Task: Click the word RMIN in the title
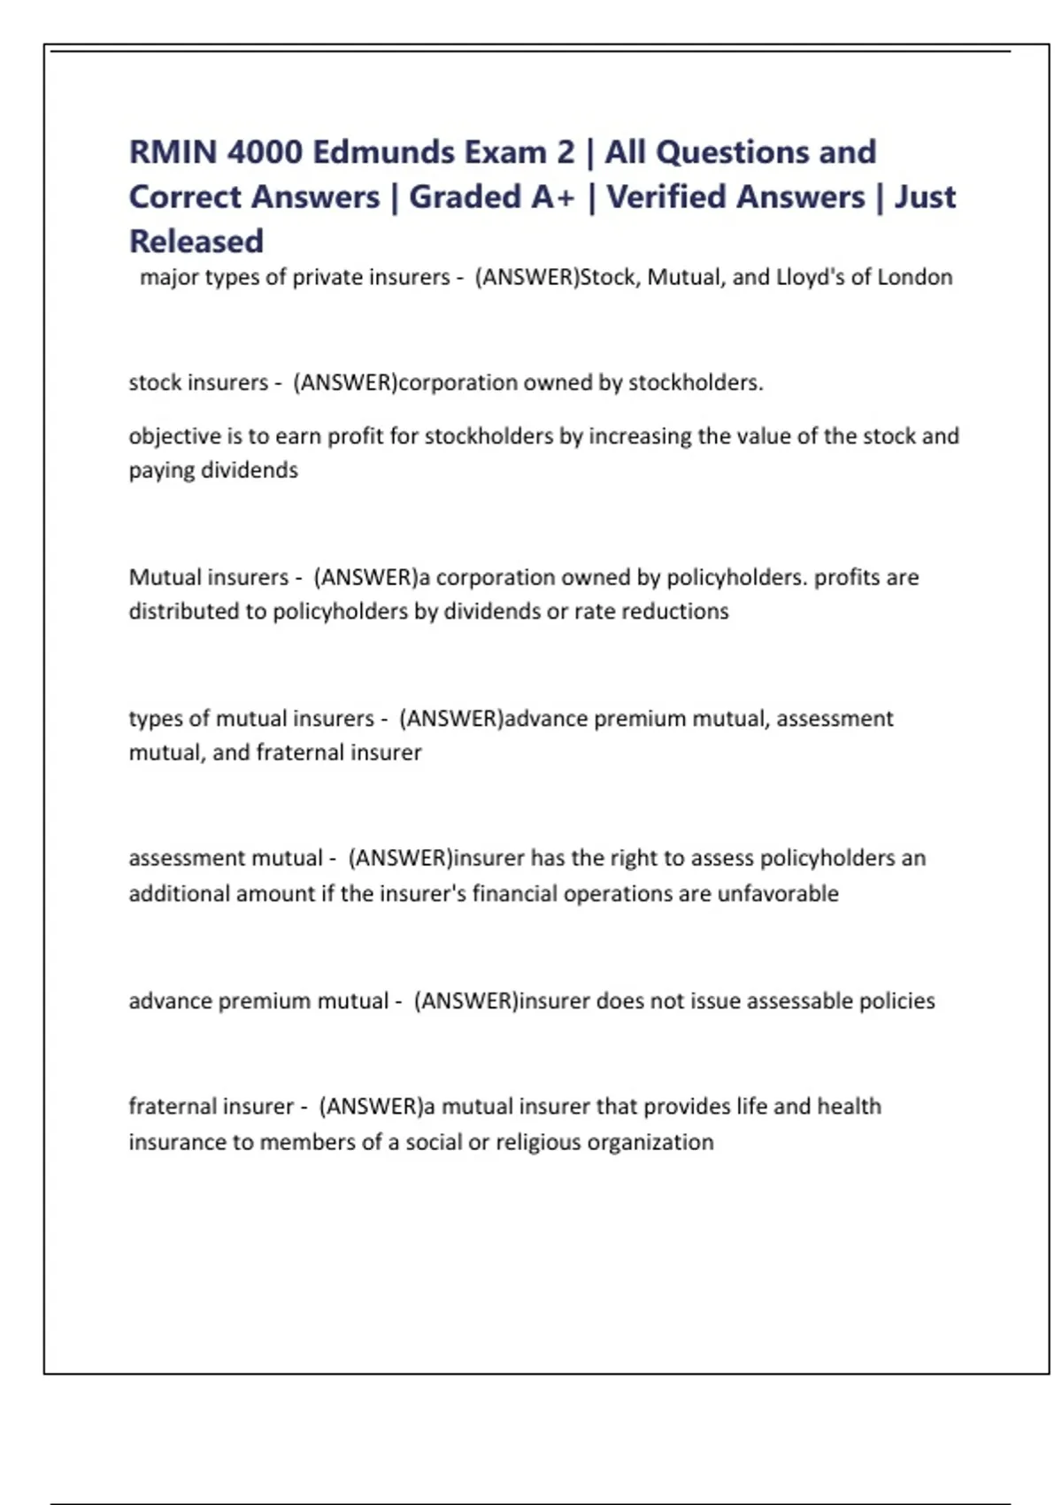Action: point(173,152)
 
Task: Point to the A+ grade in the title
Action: point(553,197)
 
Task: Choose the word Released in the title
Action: point(196,241)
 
